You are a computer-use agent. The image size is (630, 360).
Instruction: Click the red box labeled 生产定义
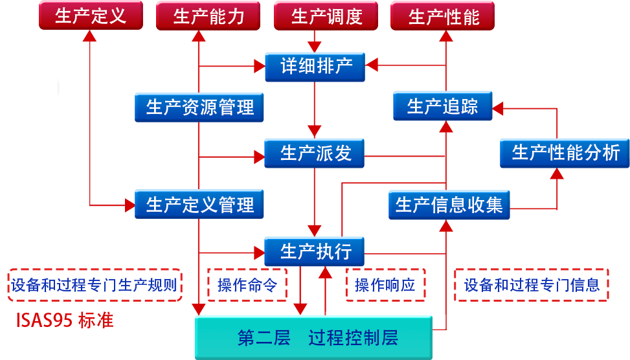[91, 16]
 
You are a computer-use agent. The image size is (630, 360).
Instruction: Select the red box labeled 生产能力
[208, 16]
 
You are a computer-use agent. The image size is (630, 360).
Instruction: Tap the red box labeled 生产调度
[326, 16]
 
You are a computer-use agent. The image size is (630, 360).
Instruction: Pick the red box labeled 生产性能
[444, 16]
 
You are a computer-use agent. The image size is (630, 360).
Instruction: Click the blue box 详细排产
[315, 67]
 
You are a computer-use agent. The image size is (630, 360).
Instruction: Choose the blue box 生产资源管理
[199, 107]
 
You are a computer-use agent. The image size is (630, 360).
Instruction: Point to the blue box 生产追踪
[443, 106]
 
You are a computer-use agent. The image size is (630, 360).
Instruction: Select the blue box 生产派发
[315, 153]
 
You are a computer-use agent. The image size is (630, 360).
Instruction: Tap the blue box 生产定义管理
[199, 205]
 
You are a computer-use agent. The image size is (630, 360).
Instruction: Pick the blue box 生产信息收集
[449, 205]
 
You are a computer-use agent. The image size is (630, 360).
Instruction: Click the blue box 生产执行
[315, 251]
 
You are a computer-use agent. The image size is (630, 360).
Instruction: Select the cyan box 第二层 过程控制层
[314, 337]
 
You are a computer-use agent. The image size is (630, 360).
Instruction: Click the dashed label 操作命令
[247, 286]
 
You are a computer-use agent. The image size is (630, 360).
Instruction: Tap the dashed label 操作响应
[385, 286]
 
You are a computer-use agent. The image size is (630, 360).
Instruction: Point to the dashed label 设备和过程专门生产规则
[95, 286]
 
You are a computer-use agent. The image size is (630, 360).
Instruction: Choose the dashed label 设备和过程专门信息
[532, 286]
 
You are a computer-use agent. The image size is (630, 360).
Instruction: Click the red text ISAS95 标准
[64, 321]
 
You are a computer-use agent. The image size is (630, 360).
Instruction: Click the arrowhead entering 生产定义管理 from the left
[129, 205]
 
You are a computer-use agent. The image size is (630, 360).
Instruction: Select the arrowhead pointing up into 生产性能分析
[557, 174]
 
